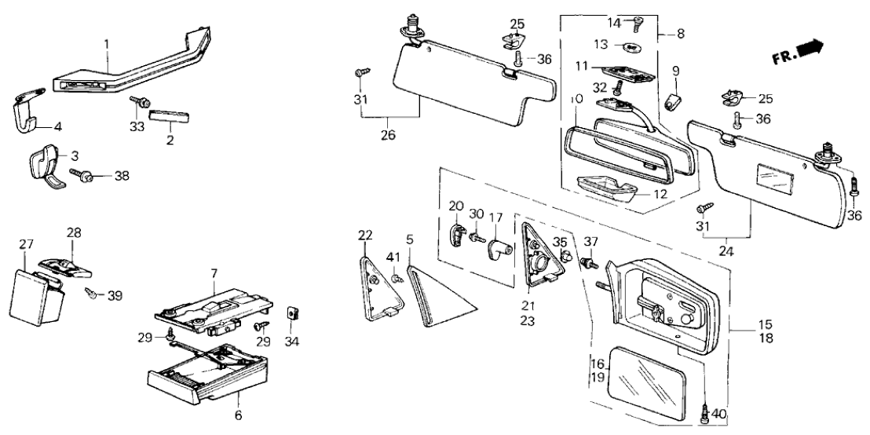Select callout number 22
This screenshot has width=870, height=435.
pyautogui.click(x=365, y=236)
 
